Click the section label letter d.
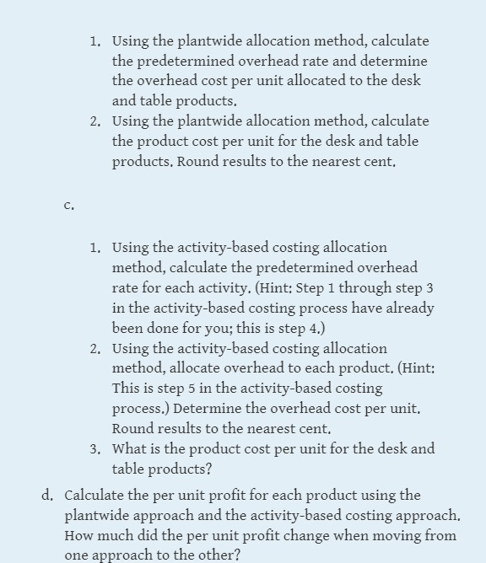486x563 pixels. tap(50, 496)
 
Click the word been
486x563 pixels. tap(127, 329)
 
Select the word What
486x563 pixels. tap(130, 449)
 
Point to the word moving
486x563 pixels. tap(385, 536)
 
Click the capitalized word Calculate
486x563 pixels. tap(99, 496)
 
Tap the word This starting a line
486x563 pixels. tap(127, 389)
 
